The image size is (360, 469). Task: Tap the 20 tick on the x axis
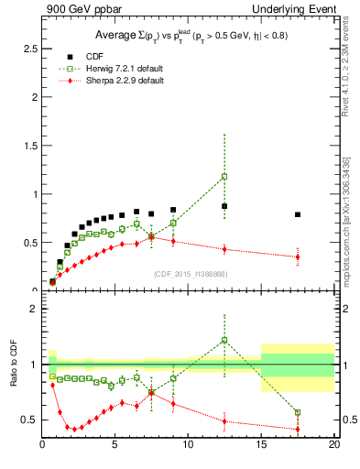pyautogui.click(x=334, y=446)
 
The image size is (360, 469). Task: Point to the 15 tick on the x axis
pyautogui.click(x=261, y=446)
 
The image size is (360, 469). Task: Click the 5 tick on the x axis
pyautogui.click(x=115, y=446)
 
